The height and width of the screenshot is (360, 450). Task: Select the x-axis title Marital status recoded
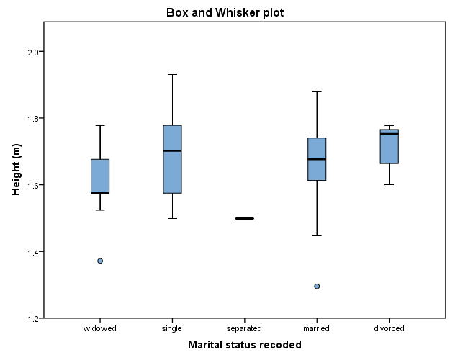[x=244, y=345]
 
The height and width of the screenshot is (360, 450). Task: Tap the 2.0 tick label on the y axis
[x=32, y=52]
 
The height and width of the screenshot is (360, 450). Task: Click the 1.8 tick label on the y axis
[x=32, y=118]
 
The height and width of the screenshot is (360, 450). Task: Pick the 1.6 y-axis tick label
[x=32, y=185]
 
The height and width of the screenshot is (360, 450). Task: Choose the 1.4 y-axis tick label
[x=32, y=251]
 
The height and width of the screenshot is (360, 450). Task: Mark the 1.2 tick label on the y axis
[x=32, y=318]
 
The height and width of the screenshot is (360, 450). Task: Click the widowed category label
[x=100, y=328]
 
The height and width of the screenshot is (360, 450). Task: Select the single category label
[x=172, y=328]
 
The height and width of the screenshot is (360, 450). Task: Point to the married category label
[x=317, y=328]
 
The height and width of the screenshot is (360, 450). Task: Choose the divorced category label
[x=389, y=328]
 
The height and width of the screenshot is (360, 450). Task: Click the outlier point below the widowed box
[x=100, y=261]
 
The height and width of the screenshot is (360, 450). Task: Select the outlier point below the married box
[x=317, y=286]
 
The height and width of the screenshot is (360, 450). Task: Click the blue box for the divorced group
[x=389, y=148]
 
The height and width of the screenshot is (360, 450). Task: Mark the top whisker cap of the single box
[x=172, y=74]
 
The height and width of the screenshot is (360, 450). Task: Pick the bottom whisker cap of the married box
[x=317, y=235]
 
